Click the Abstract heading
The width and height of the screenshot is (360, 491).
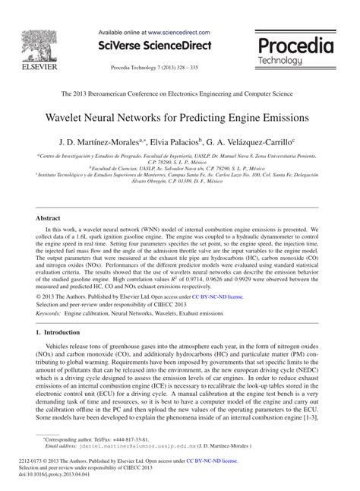coord(49,217)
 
